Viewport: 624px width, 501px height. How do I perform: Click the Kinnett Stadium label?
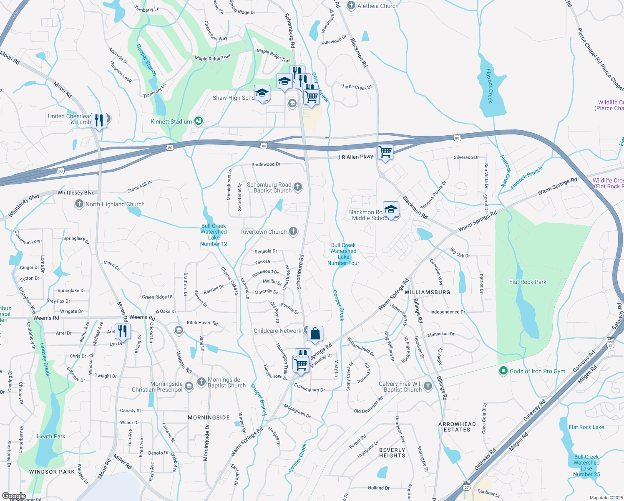171,121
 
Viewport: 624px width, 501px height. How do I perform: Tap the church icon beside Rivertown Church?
293,231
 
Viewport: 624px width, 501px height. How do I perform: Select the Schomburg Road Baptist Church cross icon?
298,187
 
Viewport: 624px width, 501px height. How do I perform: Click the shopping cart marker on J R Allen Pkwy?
385,152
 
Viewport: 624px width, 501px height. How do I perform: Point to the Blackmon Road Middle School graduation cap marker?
391,209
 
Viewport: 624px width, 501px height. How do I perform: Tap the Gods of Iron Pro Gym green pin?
503,371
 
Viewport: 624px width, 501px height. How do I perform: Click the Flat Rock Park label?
528,282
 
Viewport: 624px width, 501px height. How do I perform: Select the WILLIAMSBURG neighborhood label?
427,292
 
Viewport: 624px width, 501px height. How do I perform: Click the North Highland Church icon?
79,204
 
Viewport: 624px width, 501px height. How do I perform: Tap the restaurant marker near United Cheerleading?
98,121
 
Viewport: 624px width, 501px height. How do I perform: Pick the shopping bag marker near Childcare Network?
315,334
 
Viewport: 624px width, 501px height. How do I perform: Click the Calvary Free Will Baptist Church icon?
428,386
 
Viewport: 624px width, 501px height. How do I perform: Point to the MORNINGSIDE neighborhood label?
209,417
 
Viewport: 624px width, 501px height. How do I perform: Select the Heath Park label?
51,436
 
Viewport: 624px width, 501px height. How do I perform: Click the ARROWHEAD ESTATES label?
457,427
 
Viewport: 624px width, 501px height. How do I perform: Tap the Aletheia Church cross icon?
351,5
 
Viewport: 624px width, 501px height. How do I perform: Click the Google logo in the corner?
14,496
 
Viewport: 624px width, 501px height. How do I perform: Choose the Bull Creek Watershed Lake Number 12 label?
214,235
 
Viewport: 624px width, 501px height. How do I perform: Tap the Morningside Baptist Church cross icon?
201,381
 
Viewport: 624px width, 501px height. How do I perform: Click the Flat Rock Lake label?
586,427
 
